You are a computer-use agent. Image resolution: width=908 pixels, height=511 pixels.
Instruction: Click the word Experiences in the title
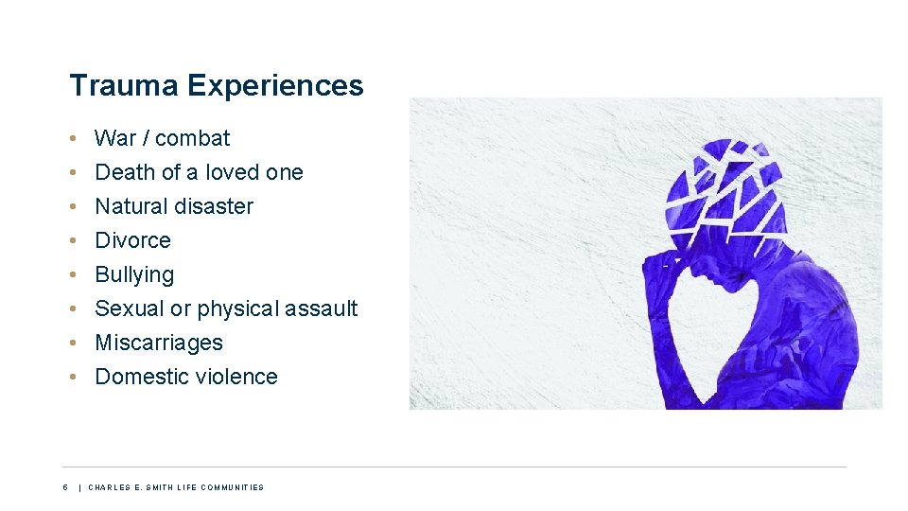[x=275, y=86]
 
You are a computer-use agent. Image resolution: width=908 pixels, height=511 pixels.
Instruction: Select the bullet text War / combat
[x=163, y=138]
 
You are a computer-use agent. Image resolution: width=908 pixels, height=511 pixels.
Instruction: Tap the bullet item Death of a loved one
[x=199, y=172]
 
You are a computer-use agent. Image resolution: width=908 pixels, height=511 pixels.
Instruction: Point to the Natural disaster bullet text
[x=174, y=206]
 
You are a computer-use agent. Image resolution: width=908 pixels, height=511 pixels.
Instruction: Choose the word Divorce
[x=132, y=240]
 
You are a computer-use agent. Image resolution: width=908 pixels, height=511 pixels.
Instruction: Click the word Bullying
[x=134, y=275]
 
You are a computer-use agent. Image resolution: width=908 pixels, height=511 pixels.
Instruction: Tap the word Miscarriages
[x=159, y=343]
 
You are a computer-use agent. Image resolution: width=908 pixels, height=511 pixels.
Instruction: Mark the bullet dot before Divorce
[x=74, y=241]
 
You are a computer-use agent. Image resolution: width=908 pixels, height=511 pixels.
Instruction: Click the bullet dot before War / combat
[x=74, y=139]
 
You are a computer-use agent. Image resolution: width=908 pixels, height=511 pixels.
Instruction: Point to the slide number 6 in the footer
[x=65, y=487]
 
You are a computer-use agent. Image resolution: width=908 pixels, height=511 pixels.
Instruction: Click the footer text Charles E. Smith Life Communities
[x=176, y=487]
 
